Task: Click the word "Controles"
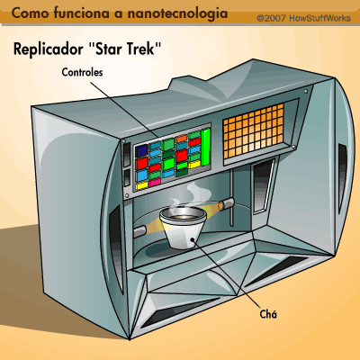click(x=82, y=72)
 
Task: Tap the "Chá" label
click(x=268, y=314)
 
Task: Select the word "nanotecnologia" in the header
click(x=177, y=13)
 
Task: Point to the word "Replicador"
click(x=49, y=49)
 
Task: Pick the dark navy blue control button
click(x=141, y=151)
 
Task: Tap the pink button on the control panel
click(x=155, y=182)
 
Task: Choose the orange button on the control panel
click(x=181, y=139)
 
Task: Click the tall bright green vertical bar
click(x=206, y=147)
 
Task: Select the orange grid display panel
click(x=253, y=131)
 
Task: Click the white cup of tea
click(x=183, y=228)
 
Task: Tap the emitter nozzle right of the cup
click(x=226, y=204)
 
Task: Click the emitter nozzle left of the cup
click(x=139, y=231)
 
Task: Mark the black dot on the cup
click(x=193, y=239)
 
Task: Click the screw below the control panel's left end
click(x=127, y=195)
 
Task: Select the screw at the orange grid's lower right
click(x=293, y=147)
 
